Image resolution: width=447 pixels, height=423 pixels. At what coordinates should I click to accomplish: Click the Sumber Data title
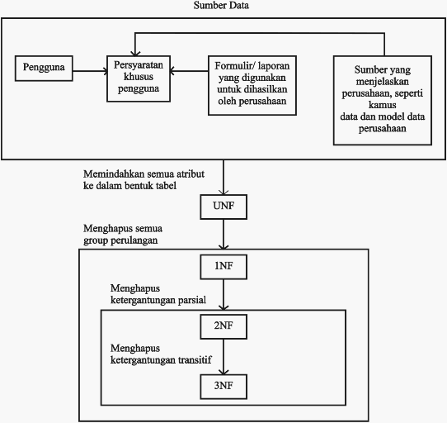pos(221,6)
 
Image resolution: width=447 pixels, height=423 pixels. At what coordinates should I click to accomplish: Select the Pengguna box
pos(44,69)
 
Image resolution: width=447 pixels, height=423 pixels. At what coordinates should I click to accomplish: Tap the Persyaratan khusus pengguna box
pos(139,78)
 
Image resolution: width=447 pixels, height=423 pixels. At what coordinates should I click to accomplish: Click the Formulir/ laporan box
pos(252,85)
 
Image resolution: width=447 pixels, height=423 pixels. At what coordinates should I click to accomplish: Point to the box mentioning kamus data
pos(383,100)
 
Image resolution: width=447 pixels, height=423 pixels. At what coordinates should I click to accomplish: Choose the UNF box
pos(223,207)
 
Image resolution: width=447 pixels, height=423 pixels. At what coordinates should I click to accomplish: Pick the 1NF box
pos(223,267)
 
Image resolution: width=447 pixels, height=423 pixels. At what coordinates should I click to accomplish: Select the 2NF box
pos(223,326)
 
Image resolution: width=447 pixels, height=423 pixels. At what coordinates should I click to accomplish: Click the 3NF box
pos(223,387)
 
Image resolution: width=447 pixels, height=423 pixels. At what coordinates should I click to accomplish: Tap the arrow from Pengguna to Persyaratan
pos(90,71)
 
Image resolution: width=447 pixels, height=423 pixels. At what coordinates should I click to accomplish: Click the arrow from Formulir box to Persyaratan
pos(189,71)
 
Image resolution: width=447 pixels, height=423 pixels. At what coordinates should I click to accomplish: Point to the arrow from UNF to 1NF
pos(223,234)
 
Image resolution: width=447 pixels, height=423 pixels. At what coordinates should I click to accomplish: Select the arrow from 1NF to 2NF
pos(223,294)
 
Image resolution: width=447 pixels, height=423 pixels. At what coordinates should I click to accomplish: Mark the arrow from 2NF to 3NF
pos(223,357)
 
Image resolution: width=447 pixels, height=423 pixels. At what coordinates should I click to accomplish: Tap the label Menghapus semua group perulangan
pos(123,234)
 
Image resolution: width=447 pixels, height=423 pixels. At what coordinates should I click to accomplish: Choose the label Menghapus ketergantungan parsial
pos(158,294)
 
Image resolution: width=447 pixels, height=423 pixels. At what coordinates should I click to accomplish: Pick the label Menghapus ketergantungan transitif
pos(161,354)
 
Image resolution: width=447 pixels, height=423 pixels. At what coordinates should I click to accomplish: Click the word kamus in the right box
pos(383,105)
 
